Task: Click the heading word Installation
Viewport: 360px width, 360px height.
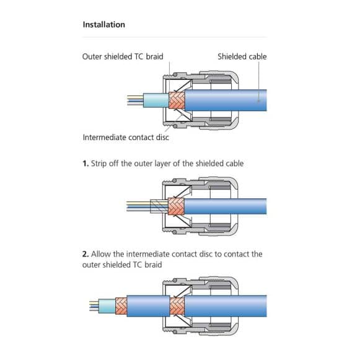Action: coord(103,25)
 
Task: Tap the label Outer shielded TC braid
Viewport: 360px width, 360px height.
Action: coord(123,56)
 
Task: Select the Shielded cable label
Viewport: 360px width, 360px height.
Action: coord(242,56)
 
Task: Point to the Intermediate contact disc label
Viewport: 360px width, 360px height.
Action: coord(126,138)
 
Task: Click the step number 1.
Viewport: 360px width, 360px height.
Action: coord(86,164)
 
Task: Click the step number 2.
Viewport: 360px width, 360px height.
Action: coord(86,254)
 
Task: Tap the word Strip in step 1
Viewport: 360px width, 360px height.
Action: coord(99,164)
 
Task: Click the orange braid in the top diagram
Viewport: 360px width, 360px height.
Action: coord(177,100)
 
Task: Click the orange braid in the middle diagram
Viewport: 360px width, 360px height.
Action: coord(176,206)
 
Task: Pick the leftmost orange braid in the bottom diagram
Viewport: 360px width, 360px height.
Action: coord(121,306)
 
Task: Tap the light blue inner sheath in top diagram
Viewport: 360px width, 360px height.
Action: coord(156,100)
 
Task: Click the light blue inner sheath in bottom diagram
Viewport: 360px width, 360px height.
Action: coord(107,306)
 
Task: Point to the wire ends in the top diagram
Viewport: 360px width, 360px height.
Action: coord(136,100)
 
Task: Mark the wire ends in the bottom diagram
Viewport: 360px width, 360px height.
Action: coord(94,306)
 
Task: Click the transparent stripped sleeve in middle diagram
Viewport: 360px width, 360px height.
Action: coord(159,206)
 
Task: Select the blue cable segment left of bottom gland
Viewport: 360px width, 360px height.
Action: coord(148,306)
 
